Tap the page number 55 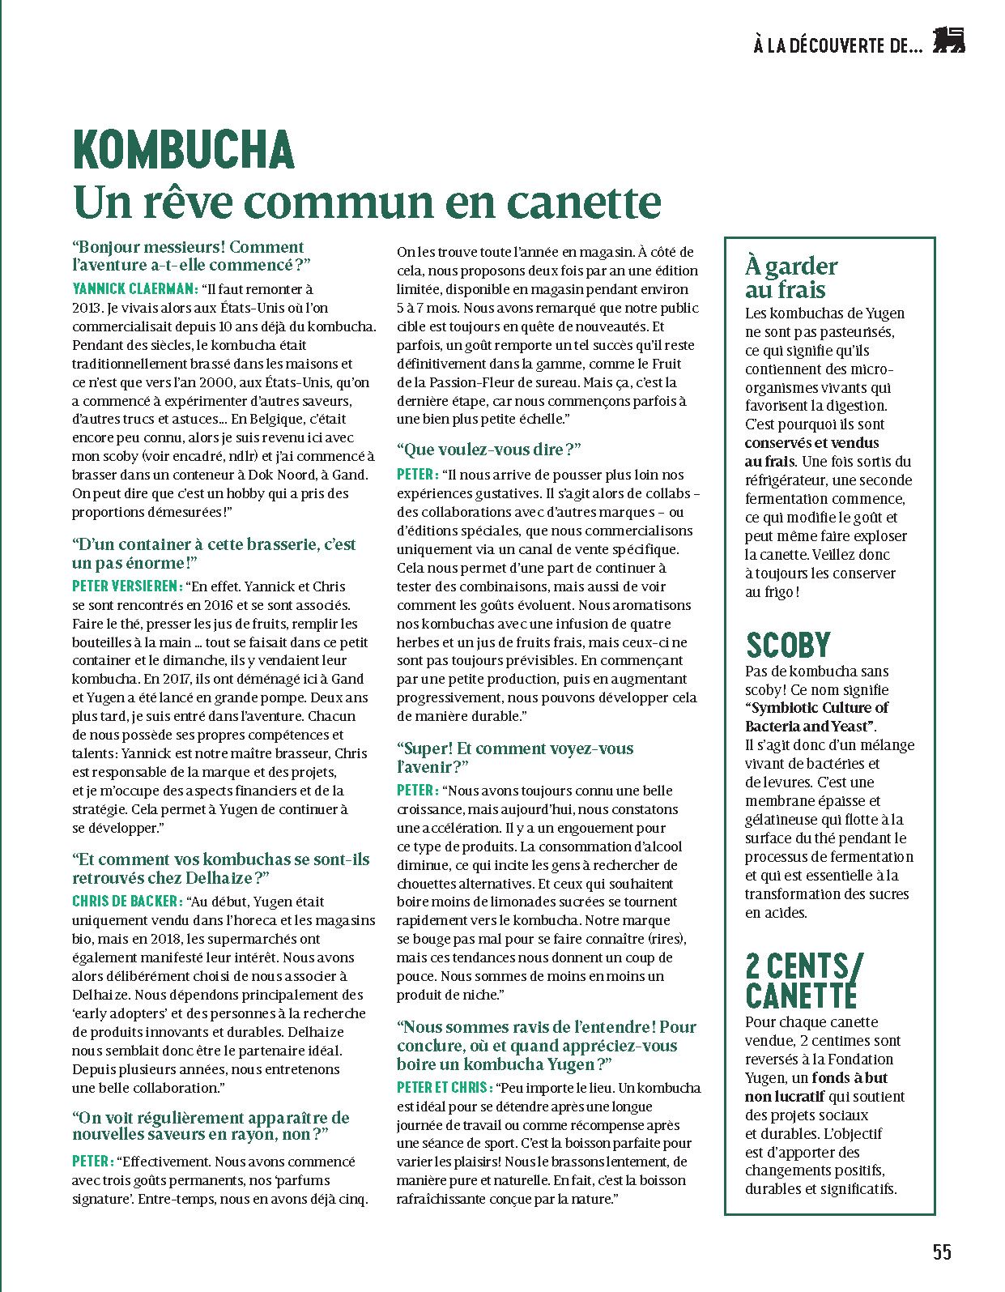[942, 1252]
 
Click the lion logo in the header [949, 41]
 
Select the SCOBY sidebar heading [788, 645]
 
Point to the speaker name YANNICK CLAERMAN [134, 288]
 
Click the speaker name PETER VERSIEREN [127, 586]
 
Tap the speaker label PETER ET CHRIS [444, 1088]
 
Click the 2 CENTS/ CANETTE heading [804, 980]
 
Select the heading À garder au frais [791, 278]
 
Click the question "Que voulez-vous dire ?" [489, 450]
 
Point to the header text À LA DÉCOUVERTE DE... [837, 46]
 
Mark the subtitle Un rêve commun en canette [367, 202]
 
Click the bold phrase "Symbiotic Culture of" [816, 708]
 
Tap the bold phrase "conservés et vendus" [811, 443]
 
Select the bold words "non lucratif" [784, 1097]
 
